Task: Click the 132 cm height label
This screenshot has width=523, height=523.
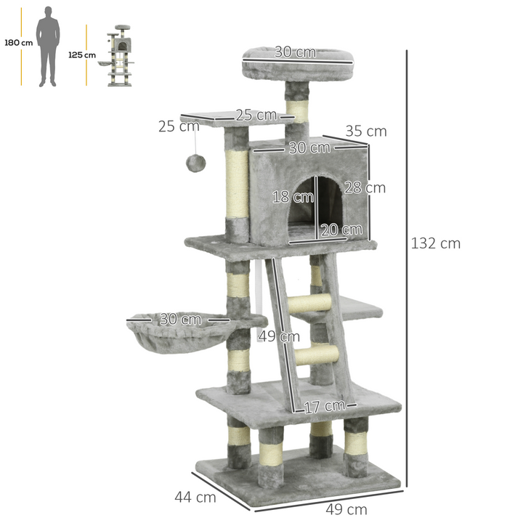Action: pos(436,243)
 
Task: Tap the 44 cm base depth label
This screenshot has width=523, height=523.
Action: pos(195,498)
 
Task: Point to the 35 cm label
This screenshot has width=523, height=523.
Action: pos(366,131)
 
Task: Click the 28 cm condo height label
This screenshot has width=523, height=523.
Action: pos(365,188)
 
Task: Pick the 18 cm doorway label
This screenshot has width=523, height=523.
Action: pos(293,196)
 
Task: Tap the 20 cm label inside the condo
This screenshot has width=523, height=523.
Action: pos(341,230)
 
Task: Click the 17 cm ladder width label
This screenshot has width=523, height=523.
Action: pos(324,406)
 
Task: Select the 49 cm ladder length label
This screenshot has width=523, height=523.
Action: pos(279,336)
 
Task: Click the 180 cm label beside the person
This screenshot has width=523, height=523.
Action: pos(18,43)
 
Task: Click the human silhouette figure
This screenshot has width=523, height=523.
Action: pos(48,46)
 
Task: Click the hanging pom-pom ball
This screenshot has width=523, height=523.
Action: pos(195,163)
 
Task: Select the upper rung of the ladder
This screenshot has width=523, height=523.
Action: pos(310,303)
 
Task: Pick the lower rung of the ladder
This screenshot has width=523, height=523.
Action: pos(317,355)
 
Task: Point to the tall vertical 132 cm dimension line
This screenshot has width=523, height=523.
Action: pos(407,269)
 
